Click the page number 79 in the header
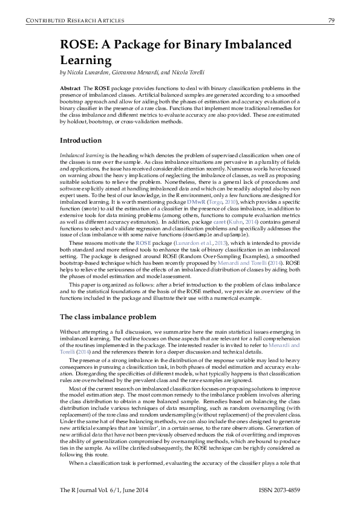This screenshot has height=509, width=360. pyautogui.click(x=332, y=21)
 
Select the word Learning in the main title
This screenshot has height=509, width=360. pyautogui.click(x=85, y=60)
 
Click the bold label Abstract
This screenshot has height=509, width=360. pyautogui.click(x=70, y=88)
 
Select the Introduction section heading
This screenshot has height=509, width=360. pyautogui.click(x=80, y=141)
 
